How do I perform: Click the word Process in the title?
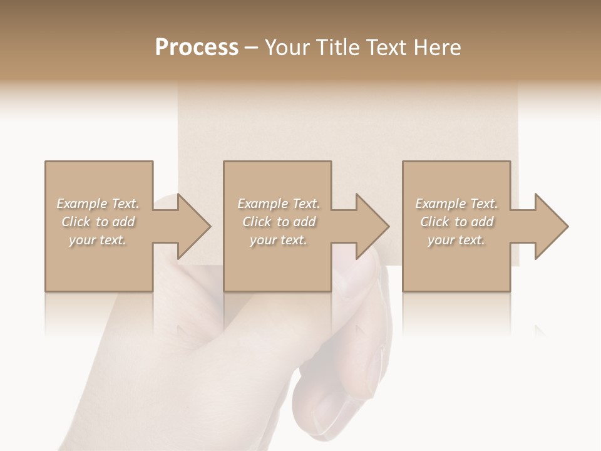(197, 48)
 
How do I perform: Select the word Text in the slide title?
(388, 48)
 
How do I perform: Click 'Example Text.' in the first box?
(98, 204)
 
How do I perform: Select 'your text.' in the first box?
(98, 240)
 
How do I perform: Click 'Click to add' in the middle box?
(279, 222)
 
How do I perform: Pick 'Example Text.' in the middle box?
(279, 204)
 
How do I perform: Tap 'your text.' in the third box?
(456, 240)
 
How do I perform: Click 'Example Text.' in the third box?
(456, 204)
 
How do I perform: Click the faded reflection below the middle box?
(277, 313)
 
